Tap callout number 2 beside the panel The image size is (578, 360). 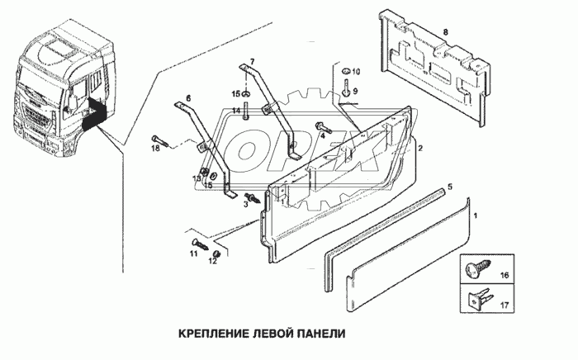coord(420,149)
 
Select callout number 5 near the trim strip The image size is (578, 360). coord(449,187)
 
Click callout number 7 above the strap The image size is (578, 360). coord(253,62)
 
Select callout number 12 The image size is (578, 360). coord(213,262)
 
